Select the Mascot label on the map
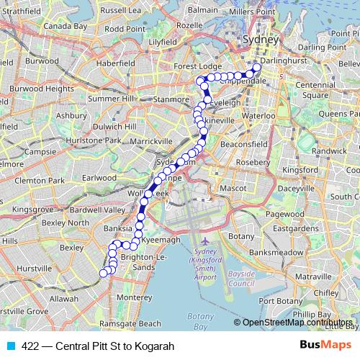233,189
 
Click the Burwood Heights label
48,89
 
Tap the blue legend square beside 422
9,346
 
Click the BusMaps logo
325,346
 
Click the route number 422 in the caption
30,346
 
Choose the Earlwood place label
99,177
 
